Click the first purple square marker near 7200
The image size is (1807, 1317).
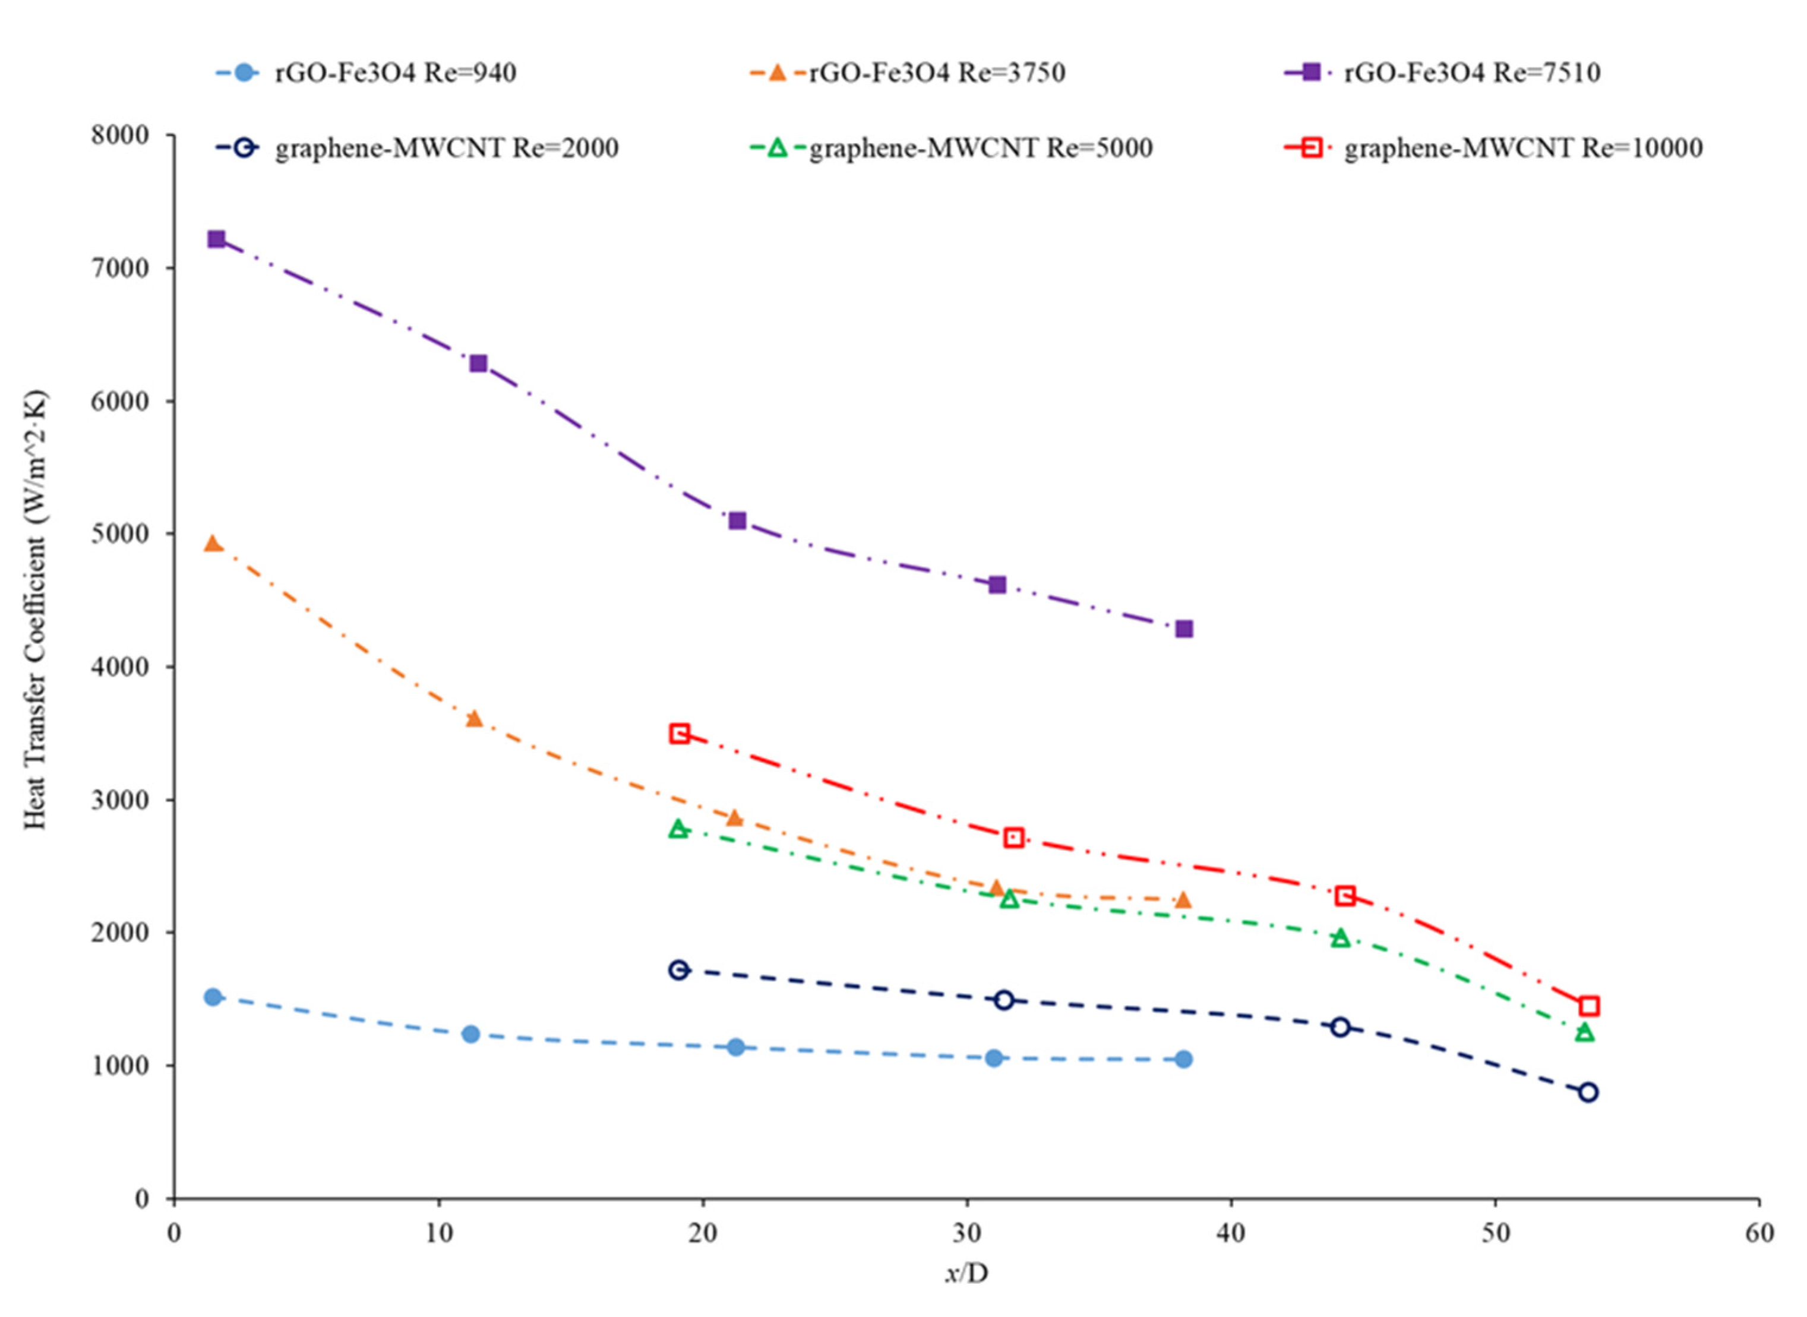(x=216, y=239)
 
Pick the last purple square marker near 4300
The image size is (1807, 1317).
(x=1184, y=629)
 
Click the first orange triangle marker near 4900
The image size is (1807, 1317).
(x=213, y=544)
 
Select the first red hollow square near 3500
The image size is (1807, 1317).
(x=679, y=734)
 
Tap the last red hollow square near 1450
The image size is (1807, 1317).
(x=1588, y=1006)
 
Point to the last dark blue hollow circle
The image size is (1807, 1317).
(x=1588, y=1092)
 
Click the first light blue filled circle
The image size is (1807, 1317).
(x=213, y=997)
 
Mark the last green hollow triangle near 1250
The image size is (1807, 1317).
(x=1585, y=1032)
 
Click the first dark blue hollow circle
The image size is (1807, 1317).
(x=678, y=970)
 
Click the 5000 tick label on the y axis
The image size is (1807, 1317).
(x=119, y=534)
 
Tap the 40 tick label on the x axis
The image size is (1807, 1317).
(x=1231, y=1233)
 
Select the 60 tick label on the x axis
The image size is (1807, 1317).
(x=1759, y=1233)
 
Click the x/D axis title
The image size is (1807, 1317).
(x=966, y=1273)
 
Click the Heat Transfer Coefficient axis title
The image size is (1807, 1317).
(x=35, y=610)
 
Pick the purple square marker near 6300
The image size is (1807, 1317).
(x=478, y=364)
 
